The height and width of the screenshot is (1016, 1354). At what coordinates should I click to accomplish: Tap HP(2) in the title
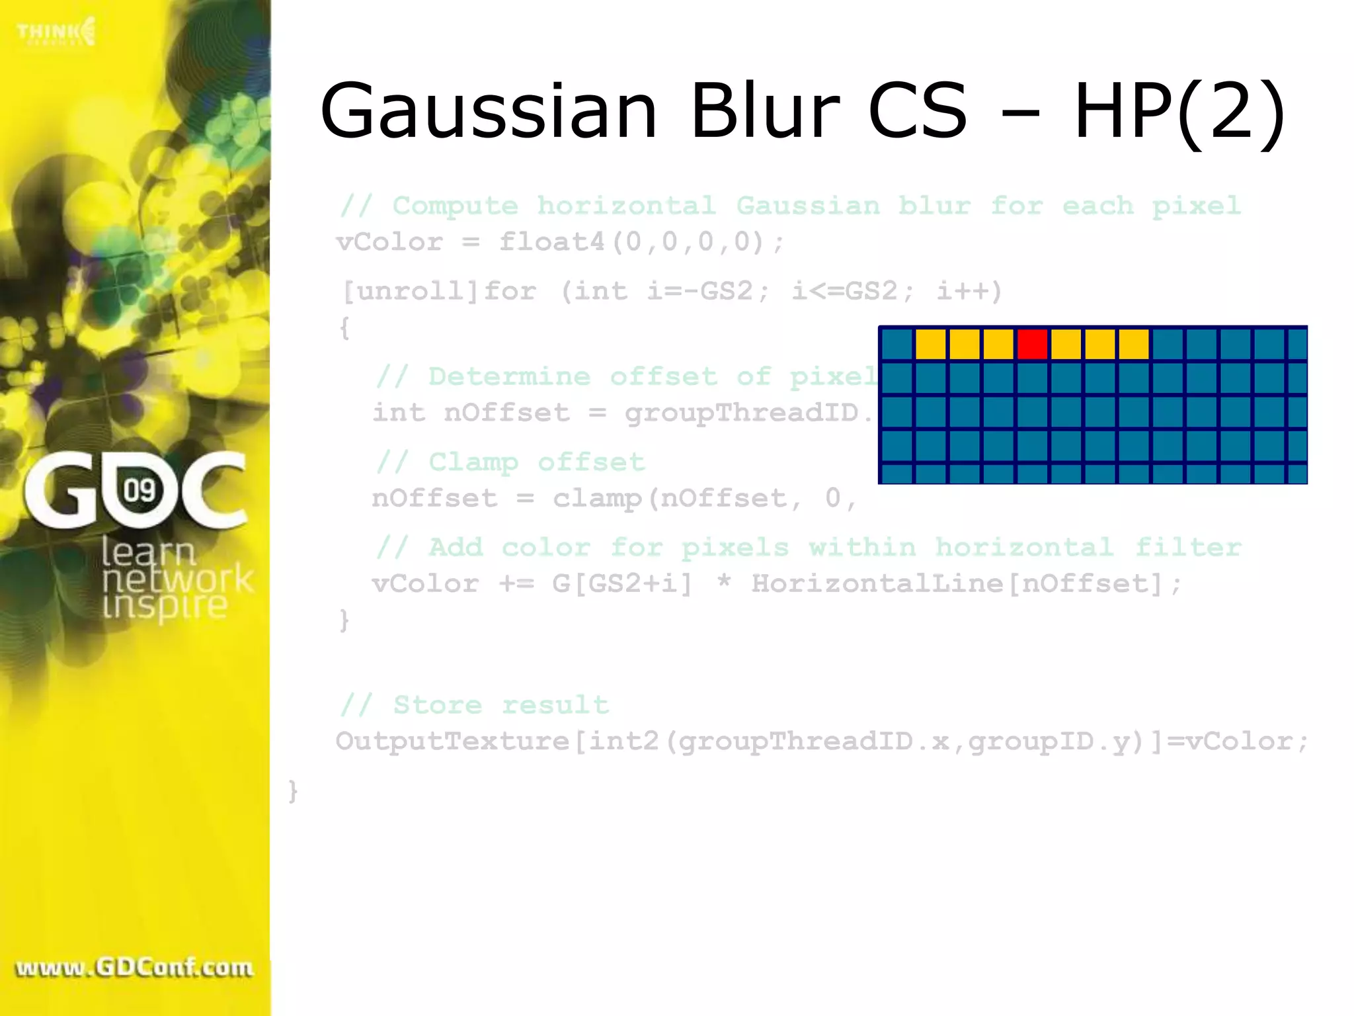point(1179,112)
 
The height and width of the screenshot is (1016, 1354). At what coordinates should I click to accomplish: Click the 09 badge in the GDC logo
point(139,491)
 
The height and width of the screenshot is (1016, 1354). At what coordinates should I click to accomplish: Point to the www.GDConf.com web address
point(134,968)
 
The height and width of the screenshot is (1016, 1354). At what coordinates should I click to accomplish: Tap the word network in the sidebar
point(177,579)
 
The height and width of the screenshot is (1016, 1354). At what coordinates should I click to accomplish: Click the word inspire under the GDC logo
point(165,606)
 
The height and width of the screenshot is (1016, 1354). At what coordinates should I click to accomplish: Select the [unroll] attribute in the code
point(410,291)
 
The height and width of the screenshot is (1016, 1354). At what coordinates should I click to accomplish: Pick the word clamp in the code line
point(598,498)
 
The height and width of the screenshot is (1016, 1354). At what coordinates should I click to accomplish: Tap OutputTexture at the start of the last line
point(452,741)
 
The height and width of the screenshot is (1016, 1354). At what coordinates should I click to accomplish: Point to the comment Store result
point(500,705)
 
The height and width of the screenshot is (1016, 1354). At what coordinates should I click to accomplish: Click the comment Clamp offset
point(536,462)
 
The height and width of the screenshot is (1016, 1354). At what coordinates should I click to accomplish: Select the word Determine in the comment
point(509,376)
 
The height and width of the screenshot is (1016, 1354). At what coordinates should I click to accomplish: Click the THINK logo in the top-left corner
point(56,32)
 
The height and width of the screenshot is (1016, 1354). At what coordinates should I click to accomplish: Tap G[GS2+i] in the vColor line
point(622,583)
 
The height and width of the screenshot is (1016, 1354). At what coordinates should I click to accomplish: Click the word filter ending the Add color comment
point(1188,547)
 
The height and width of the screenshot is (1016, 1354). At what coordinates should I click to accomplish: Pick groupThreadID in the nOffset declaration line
point(741,413)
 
